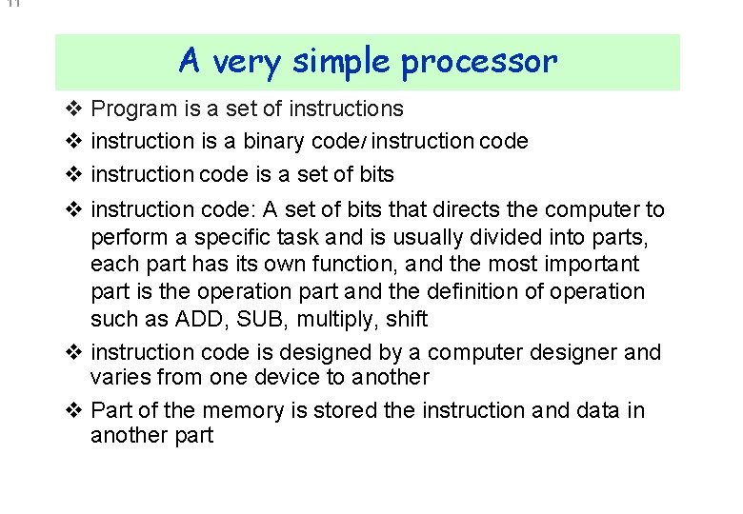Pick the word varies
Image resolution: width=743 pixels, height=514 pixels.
click(x=118, y=378)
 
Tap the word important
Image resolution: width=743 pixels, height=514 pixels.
click(x=592, y=264)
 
